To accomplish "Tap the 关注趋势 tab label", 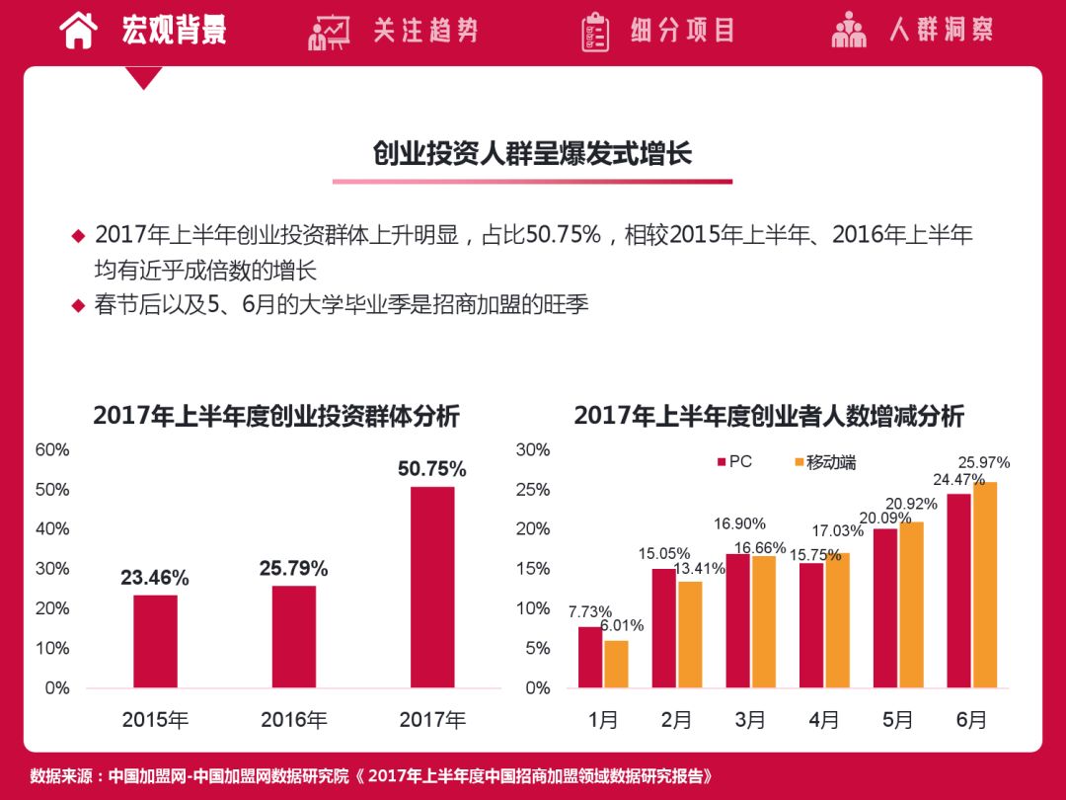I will coord(425,31).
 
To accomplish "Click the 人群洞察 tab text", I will coord(941,30).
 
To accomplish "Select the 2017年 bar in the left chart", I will coord(432,587).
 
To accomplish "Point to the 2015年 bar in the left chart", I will coord(155,641).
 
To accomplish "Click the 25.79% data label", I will coord(294,569).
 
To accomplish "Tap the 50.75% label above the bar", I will coord(432,469).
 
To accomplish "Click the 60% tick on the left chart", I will coord(52,450).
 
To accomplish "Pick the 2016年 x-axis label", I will coord(294,720).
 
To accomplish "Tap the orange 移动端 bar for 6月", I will coord(984,585).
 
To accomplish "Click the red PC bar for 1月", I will coord(590,657).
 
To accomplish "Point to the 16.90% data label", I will coord(739,523).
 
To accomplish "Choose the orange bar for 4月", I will coord(837,620).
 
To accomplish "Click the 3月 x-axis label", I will coord(749,720).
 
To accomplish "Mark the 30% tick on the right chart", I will coord(533,450).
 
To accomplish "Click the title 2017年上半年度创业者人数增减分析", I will coord(769,416).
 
